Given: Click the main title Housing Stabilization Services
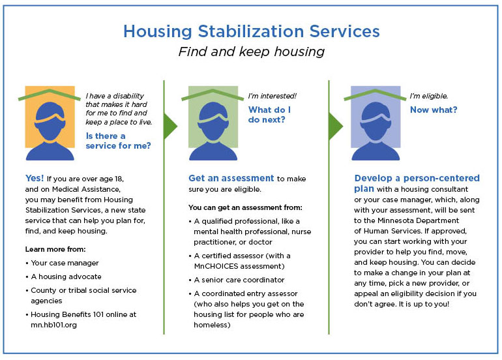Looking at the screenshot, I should click(x=251, y=31).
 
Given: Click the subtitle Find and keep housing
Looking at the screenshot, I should click(x=251, y=52).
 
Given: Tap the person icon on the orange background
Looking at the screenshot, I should click(x=50, y=123).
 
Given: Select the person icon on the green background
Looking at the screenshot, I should click(x=213, y=123).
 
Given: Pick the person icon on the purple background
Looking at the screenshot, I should click(x=376, y=123).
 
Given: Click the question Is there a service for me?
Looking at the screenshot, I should click(x=118, y=141).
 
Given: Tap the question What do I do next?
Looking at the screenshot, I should click(x=269, y=115).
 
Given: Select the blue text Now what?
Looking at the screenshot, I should click(x=433, y=110).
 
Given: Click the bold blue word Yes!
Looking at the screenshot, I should click(x=35, y=177).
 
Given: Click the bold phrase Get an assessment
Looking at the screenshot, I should click(x=231, y=178).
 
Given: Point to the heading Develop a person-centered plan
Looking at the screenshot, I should click(x=417, y=183).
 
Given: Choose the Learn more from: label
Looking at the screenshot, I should click(x=55, y=249).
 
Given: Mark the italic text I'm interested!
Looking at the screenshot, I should click(x=272, y=96).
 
